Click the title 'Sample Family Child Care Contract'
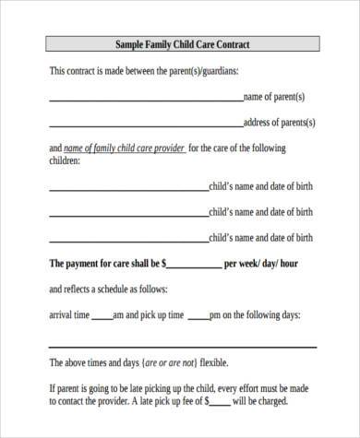click(182, 43)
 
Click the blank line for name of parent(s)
click(145, 99)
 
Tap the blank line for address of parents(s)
click(145, 124)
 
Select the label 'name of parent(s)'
click(273, 96)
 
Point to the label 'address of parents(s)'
click(279, 122)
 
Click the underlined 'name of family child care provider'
click(124, 148)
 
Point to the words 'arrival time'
click(68, 314)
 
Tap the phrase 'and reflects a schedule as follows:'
click(112, 288)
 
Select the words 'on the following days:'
click(261, 314)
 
